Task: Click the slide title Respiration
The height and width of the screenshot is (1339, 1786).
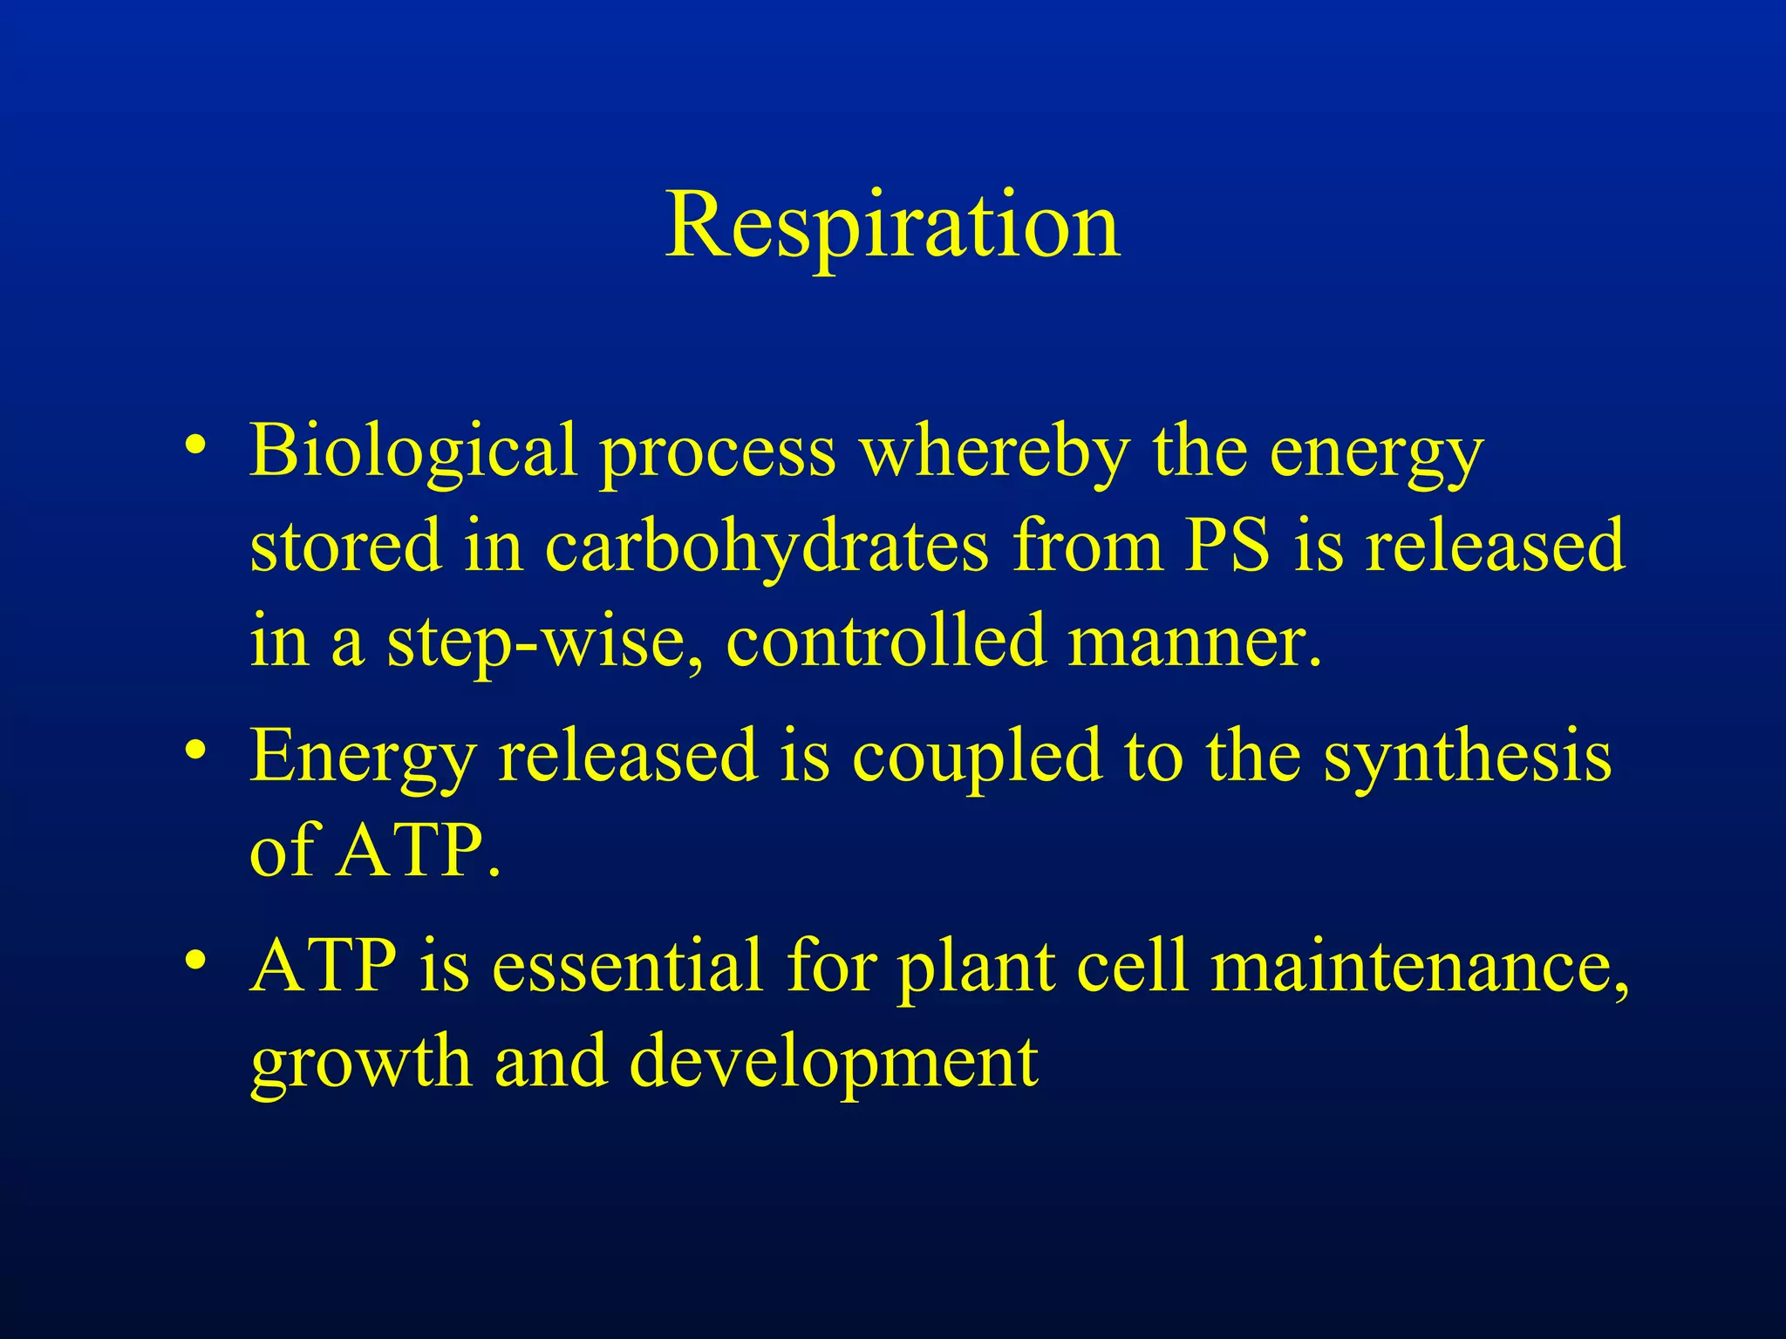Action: pos(892,227)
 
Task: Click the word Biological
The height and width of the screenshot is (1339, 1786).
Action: pos(413,451)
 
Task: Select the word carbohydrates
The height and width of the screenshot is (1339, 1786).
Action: pos(767,547)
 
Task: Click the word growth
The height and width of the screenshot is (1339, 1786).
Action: pos(360,1063)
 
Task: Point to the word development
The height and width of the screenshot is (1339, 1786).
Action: pos(833,1063)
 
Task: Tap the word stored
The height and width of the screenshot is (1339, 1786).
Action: pos(345,547)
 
